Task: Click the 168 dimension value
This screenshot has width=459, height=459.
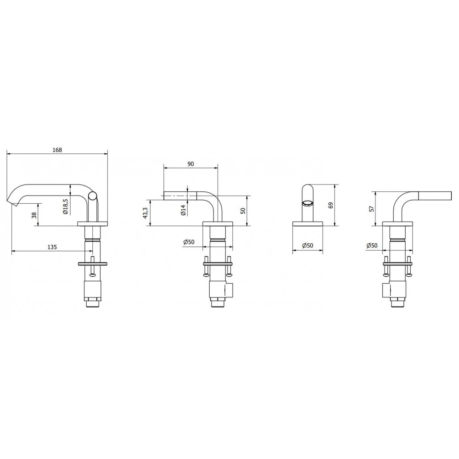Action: (x=57, y=150)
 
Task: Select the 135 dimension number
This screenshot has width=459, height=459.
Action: (x=52, y=247)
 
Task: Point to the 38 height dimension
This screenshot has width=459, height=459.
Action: (x=34, y=215)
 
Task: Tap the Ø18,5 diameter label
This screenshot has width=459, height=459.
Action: (x=66, y=207)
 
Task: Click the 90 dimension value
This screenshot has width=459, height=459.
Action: (x=190, y=164)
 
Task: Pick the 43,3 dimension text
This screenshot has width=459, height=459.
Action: (x=145, y=213)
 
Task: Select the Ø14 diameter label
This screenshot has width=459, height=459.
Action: (x=183, y=210)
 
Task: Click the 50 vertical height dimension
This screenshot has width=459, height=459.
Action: (x=243, y=211)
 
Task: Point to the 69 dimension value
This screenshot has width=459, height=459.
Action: (x=331, y=205)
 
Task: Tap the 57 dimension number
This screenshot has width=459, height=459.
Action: (x=372, y=209)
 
